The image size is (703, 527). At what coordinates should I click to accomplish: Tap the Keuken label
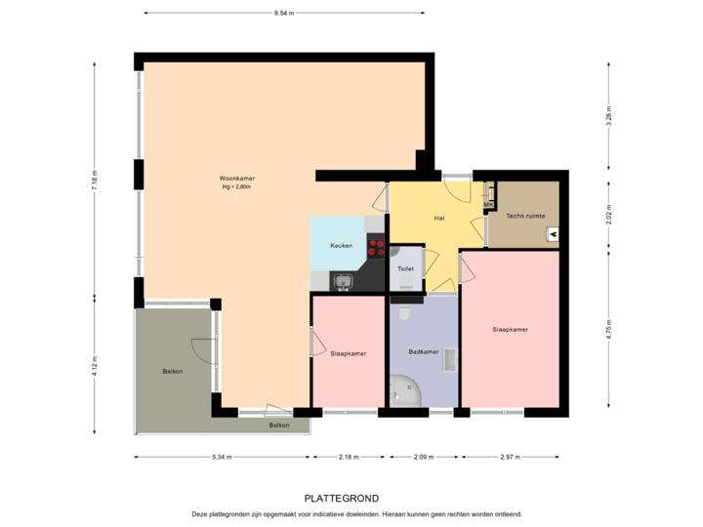point(341,245)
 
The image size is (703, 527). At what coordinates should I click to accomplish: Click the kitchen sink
point(343,282)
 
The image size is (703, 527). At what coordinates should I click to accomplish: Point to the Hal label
point(439,218)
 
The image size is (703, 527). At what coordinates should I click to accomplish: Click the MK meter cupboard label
point(489,204)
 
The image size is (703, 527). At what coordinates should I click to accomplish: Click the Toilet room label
point(405,267)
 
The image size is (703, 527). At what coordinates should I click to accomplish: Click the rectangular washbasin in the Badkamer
point(449,360)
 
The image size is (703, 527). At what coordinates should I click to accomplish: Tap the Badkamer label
point(423,352)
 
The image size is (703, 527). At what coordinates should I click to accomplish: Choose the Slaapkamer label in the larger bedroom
point(510,330)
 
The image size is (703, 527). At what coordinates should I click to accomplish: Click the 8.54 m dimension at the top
point(284,13)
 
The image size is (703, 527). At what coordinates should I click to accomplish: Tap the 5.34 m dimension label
point(222,457)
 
